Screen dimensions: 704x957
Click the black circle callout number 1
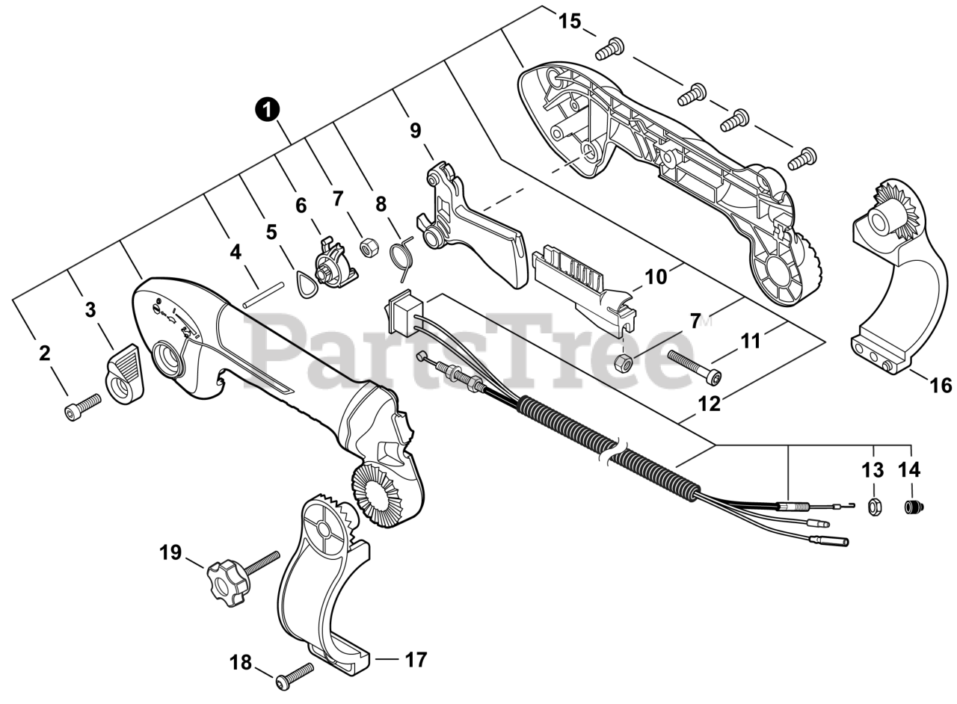click(x=268, y=110)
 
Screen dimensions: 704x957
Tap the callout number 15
click(x=570, y=22)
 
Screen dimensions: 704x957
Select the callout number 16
click(x=941, y=386)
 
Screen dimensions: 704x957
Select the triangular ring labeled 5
click(x=307, y=283)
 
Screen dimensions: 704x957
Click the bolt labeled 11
click(x=693, y=366)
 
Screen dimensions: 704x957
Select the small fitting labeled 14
click(x=912, y=507)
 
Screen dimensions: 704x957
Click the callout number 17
click(x=416, y=660)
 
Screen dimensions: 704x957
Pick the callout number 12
click(x=709, y=404)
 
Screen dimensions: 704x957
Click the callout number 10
click(x=656, y=277)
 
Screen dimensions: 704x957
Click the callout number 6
click(x=301, y=206)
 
